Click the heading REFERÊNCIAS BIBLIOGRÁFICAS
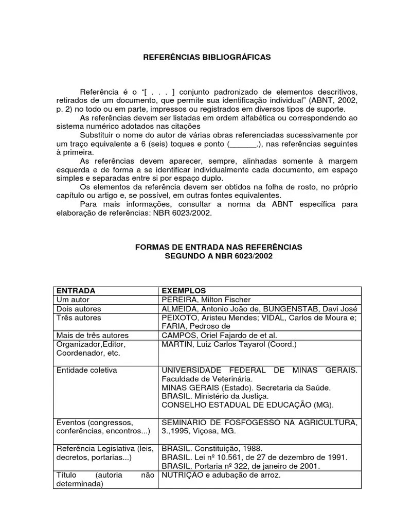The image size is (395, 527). pos(206,57)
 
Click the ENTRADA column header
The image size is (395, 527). pos(75,291)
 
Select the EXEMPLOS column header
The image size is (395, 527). pos(184,291)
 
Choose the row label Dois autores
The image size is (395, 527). pos(79,309)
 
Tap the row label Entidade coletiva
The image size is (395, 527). pos(86,370)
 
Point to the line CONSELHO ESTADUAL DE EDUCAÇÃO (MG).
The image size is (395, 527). pos(247,405)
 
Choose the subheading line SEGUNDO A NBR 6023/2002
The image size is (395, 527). pos(219,256)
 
